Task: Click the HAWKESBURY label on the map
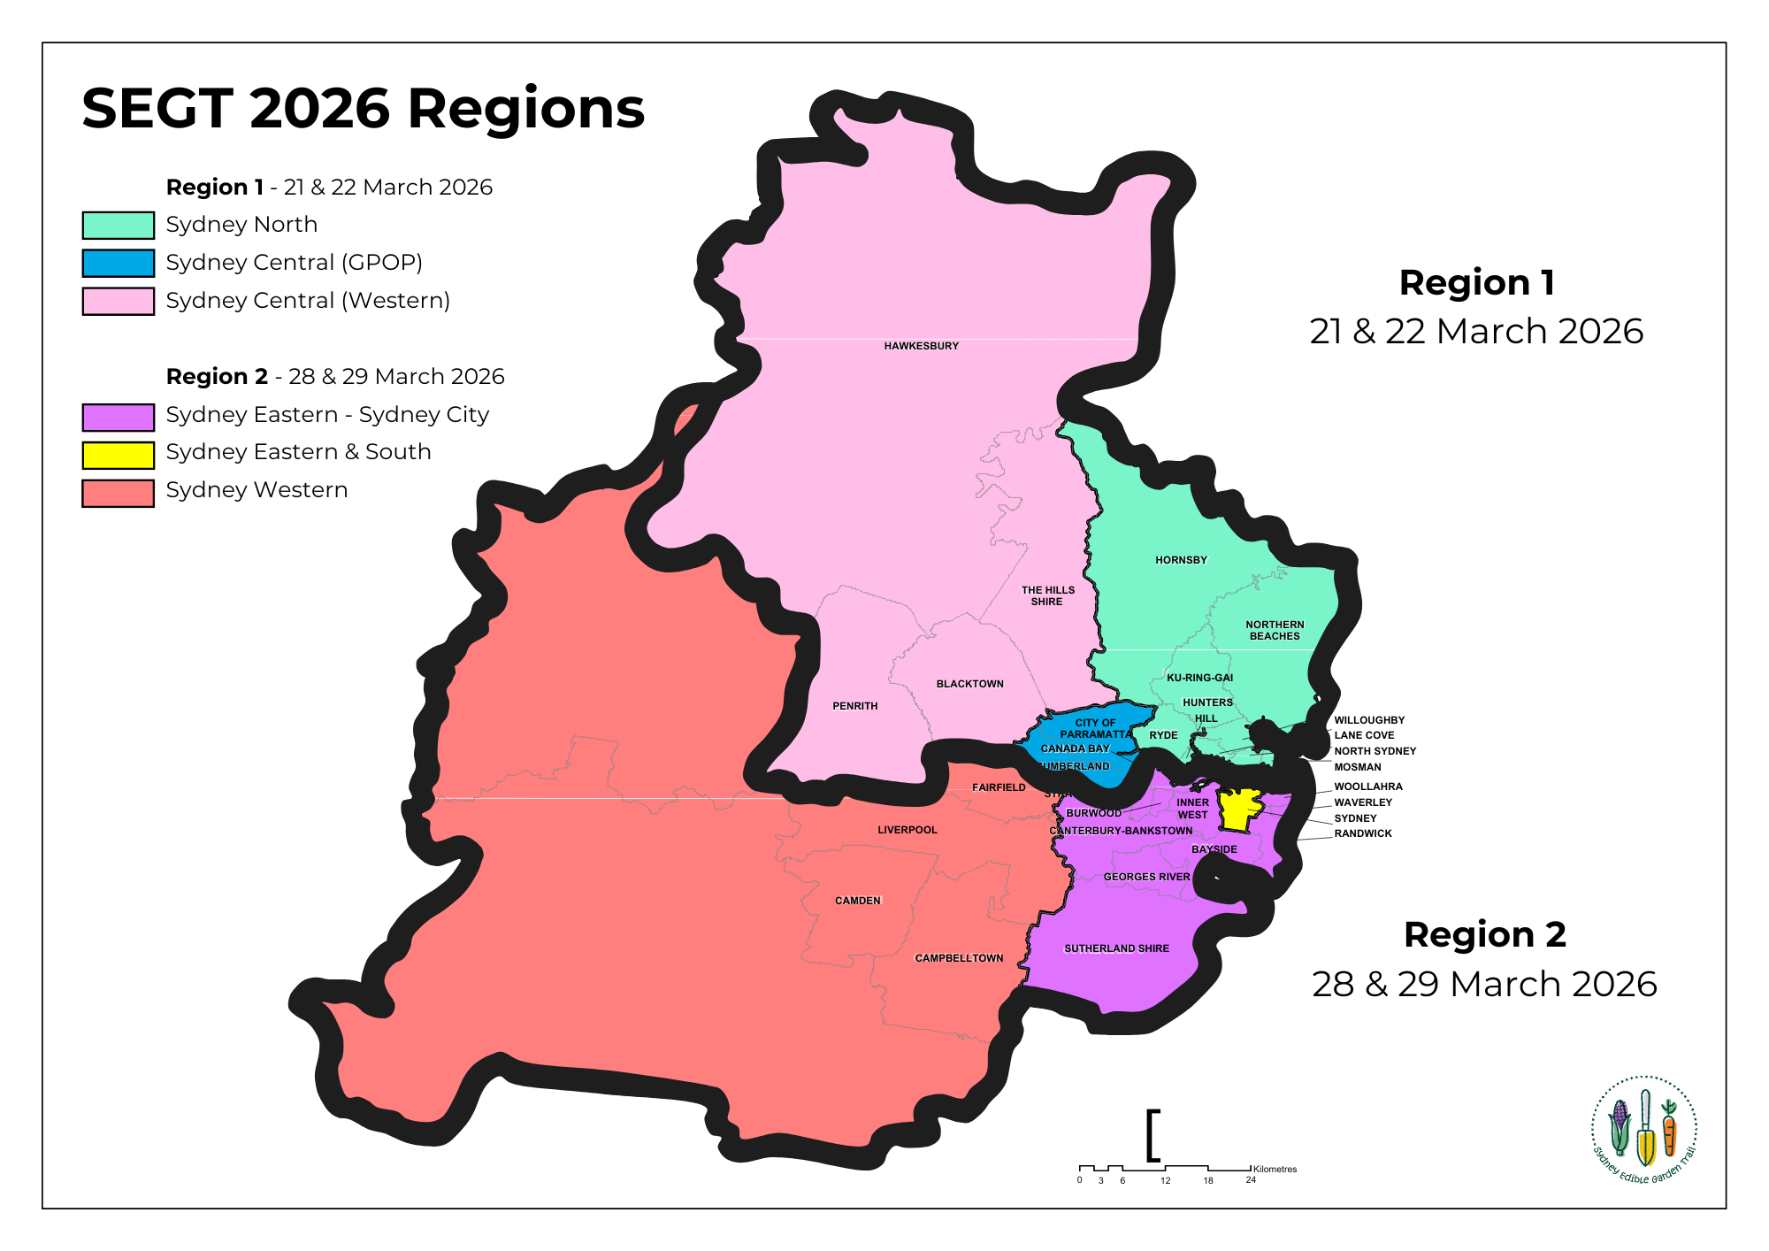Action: (x=921, y=346)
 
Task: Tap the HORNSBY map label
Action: (x=1181, y=560)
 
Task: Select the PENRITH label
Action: (x=854, y=706)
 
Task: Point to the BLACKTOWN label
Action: (x=969, y=684)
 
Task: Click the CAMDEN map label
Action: (x=857, y=901)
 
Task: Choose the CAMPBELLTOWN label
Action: (x=959, y=958)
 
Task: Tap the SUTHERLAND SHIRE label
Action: (x=1116, y=948)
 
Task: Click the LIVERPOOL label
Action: (x=907, y=830)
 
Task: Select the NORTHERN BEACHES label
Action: (x=1275, y=630)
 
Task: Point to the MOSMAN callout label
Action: (x=1357, y=767)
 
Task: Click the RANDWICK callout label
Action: (x=1362, y=833)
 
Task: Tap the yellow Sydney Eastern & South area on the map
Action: (x=1238, y=810)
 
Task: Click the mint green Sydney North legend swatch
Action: (x=118, y=225)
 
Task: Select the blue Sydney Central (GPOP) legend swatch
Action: (x=118, y=263)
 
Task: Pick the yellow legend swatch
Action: (x=118, y=455)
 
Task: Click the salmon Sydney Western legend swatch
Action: (x=118, y=493)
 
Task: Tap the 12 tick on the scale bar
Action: (x=1165, y=1180)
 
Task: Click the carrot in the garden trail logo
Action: (x=1669, y=1132)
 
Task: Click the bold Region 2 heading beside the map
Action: (x=1484, y=934)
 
